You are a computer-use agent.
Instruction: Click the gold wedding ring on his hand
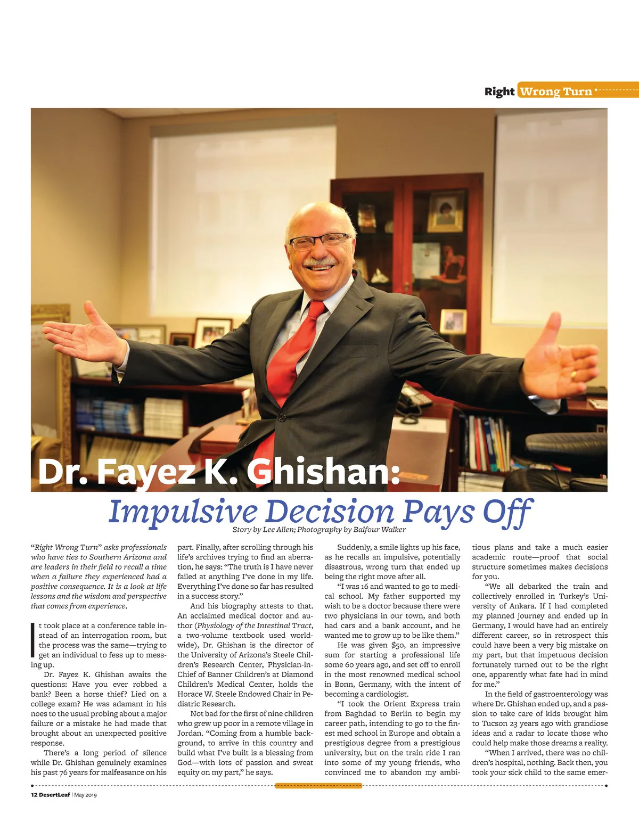click(573, 375)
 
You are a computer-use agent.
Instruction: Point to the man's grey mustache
click(319, 262)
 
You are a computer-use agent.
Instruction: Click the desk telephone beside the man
click(413, 397)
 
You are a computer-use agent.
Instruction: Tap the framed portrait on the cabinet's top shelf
click(445, 211)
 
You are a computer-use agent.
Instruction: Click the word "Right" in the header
click(499, 91)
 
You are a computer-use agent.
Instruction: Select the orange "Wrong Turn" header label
click(555, 92)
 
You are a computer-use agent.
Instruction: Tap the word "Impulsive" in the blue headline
click(183, 512)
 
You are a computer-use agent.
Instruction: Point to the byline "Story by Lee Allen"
click(263, 530)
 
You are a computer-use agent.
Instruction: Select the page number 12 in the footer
click(34, 795)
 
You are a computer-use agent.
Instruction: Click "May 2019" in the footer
click(86, 795)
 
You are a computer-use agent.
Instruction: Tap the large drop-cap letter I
click(34, 640)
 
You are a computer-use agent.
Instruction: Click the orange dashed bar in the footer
click(318, 786)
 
